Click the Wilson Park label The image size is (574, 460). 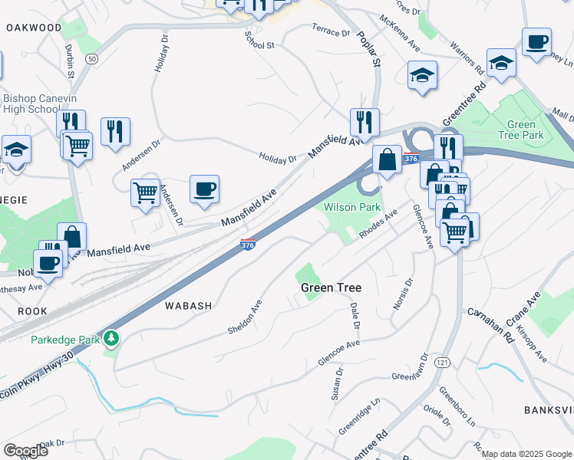[352, 208]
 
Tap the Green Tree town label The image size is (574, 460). [331, 288]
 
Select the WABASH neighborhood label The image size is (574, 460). [188, 306]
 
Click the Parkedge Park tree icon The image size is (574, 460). [112, 337]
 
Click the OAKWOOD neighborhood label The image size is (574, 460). [34, 28]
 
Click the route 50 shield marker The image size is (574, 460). [92, 58]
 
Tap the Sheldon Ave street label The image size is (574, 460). [245, 317]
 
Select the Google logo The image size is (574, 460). [25, 450]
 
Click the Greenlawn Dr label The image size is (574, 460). [410, 368]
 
